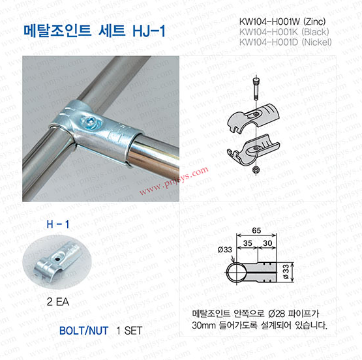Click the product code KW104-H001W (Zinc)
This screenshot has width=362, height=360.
tap(282, 22)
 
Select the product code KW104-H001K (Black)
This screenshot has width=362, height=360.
tap(284, 32)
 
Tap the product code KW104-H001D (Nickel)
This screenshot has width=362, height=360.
tap(285, 42)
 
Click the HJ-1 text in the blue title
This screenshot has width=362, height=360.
tap(149, 31)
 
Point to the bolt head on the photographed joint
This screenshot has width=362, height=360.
tap(90, 121)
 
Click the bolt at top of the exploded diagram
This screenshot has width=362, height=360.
tap(256, 89)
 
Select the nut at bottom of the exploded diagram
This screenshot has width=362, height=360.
tap(255, 170)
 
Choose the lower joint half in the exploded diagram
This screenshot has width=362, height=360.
tap(254, 149)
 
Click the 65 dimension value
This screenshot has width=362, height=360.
tap(256, 230)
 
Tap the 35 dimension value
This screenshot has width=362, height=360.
tap(247, 243)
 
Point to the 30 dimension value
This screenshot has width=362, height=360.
tap(267, 243)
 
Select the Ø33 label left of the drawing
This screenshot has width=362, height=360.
tap(224, 250)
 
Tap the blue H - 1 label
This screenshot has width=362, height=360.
tap(57, 224)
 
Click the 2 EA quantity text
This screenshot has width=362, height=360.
tap(57, 301)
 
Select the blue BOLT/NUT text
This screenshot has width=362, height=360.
tap(83, 331)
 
